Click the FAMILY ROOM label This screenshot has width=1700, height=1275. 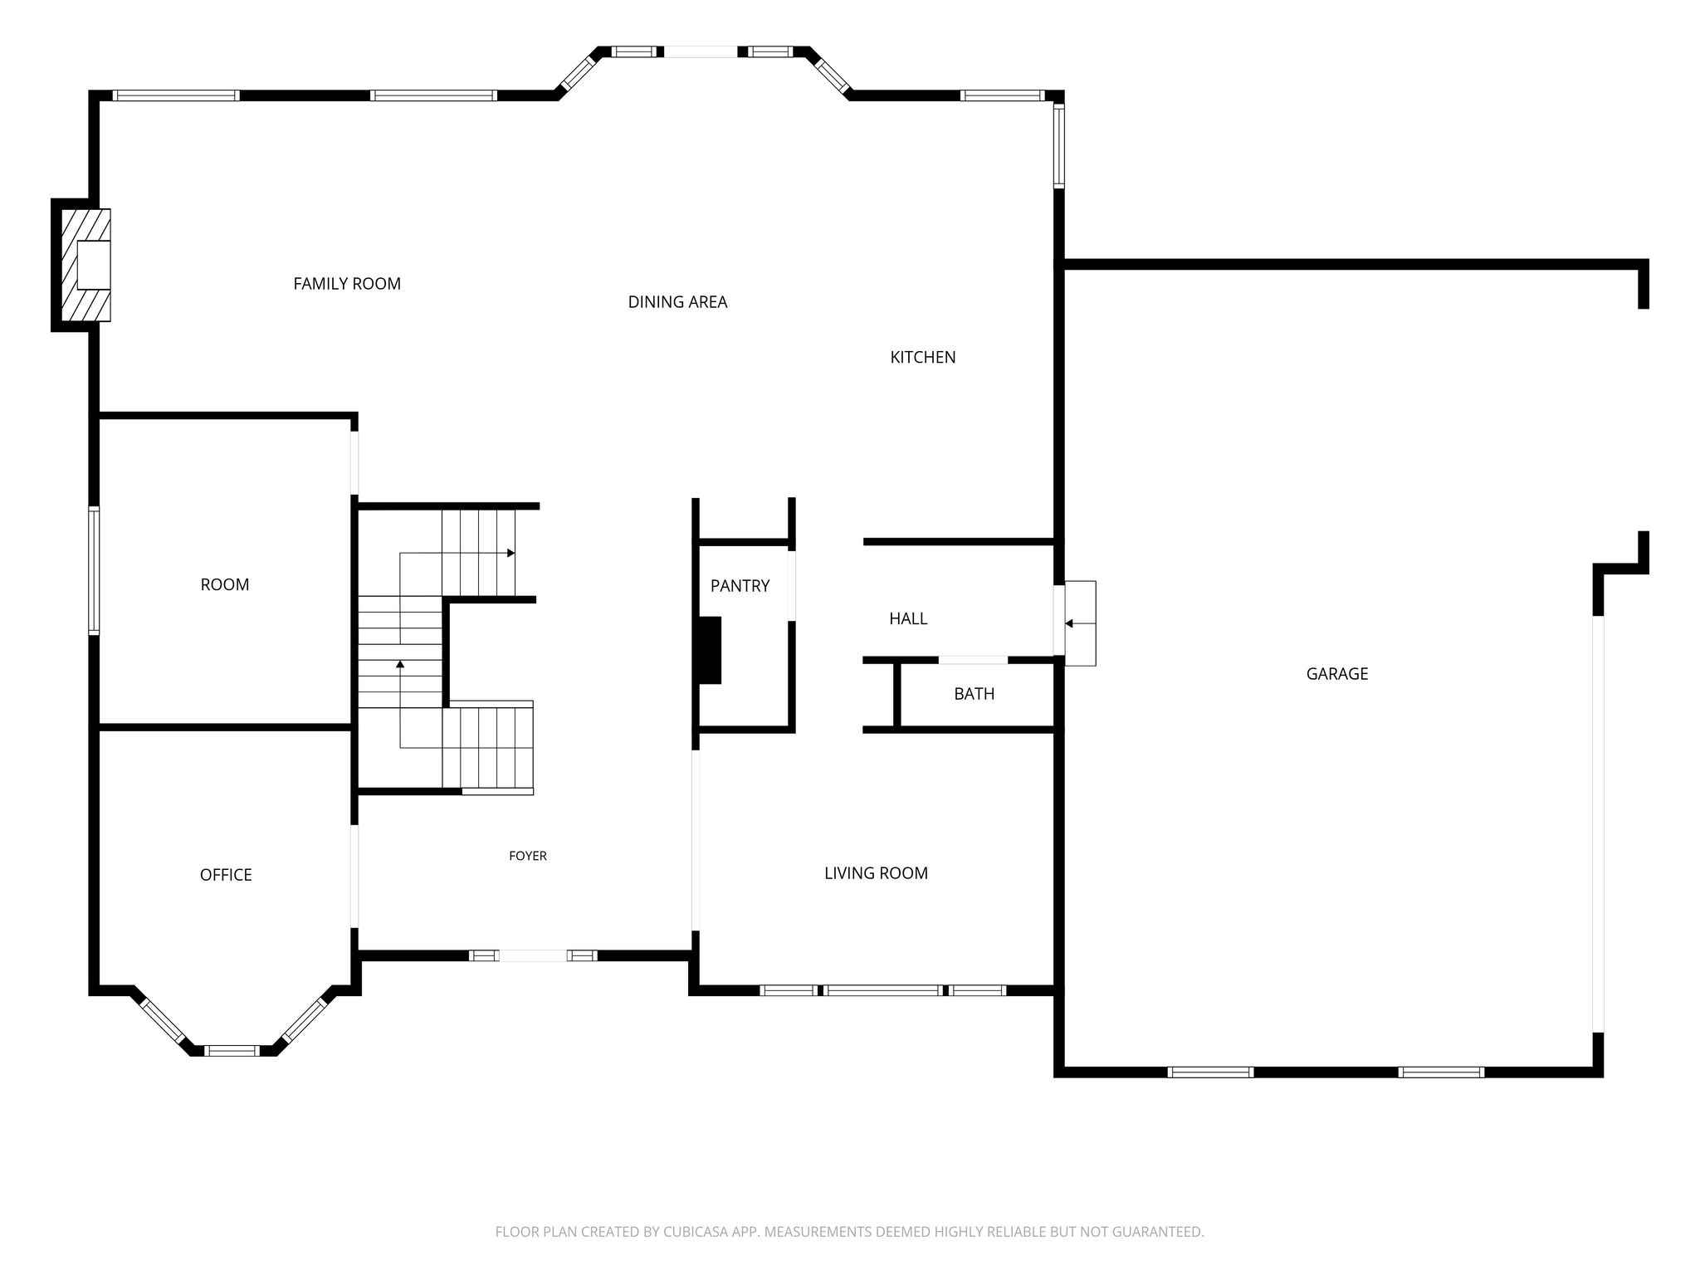point(347,284)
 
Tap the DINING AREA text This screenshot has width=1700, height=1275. point(677,302)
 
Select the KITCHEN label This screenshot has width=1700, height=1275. point(923,357)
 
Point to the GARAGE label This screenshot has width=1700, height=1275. point(1337,674)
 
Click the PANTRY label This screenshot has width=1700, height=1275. point(740,586)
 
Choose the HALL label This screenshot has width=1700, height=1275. point(908,618)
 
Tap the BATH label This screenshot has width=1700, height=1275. point(974,694)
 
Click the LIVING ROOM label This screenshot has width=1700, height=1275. point(876,873)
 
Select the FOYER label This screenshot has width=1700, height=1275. point(528,856)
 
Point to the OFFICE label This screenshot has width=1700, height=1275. point(226,875)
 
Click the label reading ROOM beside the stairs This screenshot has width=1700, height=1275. point(225,584)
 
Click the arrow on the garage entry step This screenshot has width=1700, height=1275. point(1080,623)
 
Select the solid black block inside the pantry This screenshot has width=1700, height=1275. point(709,650)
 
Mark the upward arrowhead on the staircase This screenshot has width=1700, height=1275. point(400,664)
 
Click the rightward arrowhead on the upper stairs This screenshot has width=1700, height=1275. point(511,553)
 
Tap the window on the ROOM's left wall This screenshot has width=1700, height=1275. point(94,571)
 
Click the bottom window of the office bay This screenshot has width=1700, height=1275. point(232,1050)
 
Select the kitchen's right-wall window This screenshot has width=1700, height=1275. point(1059,145)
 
